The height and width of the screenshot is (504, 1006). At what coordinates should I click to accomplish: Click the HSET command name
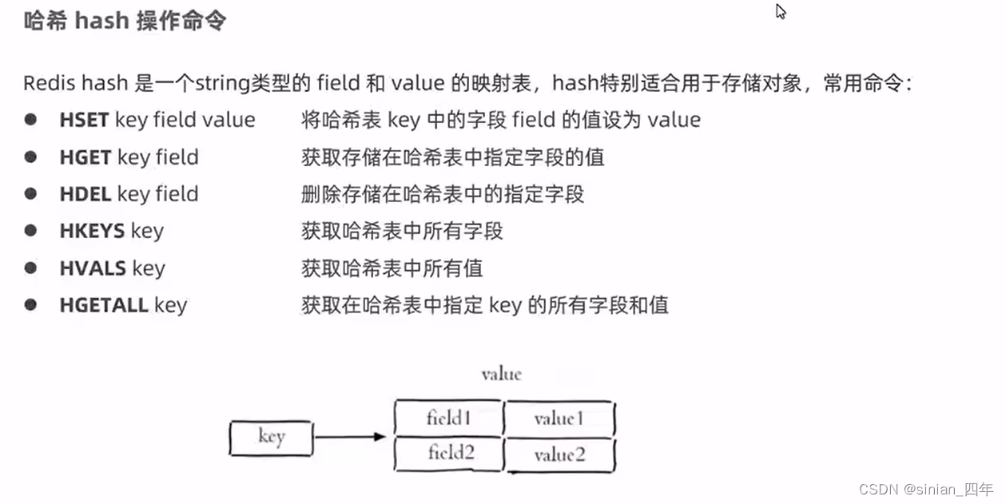tap(84, 120)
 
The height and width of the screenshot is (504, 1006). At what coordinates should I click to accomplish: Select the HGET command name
tap(85, 157)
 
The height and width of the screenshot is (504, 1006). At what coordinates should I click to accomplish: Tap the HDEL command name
tap(85, 194)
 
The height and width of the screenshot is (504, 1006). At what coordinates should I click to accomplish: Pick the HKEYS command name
tap(92, 231)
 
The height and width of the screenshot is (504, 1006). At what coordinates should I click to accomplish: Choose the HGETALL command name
tap(104, 304)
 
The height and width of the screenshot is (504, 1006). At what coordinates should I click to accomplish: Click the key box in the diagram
tap(271, 438)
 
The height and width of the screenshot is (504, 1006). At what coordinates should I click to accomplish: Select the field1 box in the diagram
tap(449, 418)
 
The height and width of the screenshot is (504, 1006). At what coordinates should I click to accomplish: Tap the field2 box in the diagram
tap(450, 454)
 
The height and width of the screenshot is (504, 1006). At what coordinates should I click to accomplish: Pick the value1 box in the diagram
tap(559, 419)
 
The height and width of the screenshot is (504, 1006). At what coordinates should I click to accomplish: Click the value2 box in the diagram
tap(559, 454)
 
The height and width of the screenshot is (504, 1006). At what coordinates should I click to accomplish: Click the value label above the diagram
tap(501, 374)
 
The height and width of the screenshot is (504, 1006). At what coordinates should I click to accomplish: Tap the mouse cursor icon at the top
tap(781, 11)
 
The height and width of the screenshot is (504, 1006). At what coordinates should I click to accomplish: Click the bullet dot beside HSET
tap(30, 120)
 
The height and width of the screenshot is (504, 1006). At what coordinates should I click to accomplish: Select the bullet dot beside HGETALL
tap(30, 304)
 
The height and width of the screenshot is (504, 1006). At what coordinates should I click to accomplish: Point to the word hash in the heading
tap(101, 20)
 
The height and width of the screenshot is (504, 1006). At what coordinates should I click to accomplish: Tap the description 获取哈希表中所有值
tap(392, 268)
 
